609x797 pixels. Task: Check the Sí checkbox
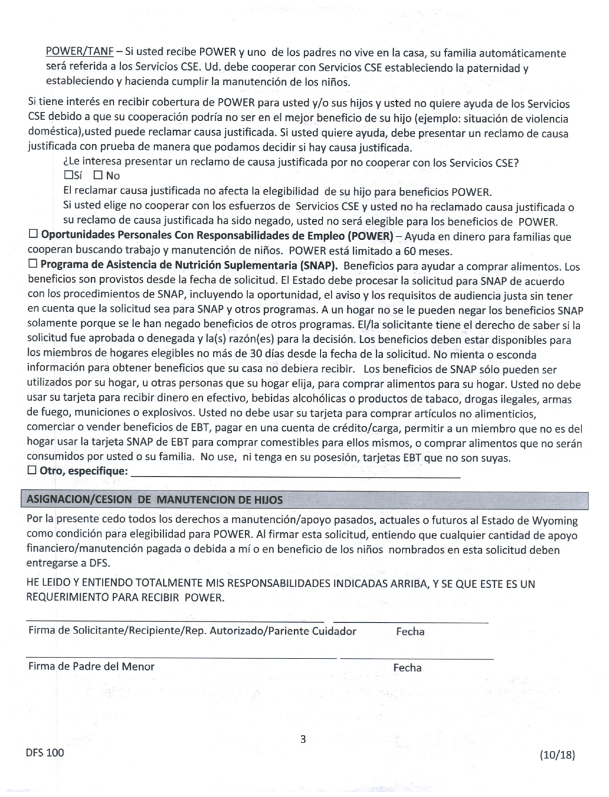point(69,175)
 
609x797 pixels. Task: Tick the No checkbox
point(97,175)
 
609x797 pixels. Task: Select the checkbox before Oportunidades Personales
point(33,235)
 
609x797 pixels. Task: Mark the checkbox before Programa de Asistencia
point(33,264)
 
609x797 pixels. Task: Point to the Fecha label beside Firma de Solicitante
point(410,632)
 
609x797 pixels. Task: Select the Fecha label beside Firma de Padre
point(408,668)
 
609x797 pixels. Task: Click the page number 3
point(303,739)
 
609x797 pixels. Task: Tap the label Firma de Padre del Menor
point(91,666)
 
